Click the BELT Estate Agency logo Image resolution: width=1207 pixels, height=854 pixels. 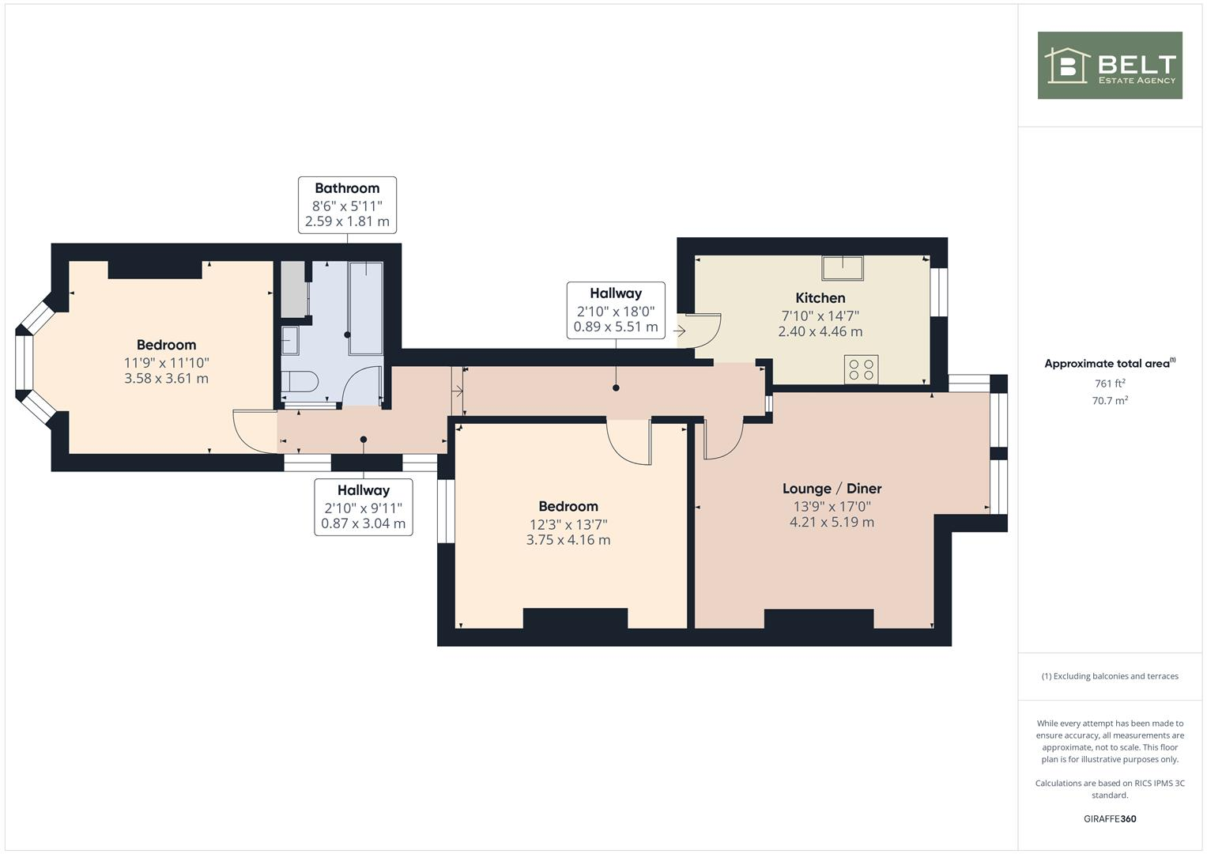point(1110,66)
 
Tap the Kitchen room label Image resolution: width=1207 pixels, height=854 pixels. point(820,298)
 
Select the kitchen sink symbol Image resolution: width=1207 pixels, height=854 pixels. point(842,268)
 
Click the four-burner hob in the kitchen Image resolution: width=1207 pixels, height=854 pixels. point(861,369)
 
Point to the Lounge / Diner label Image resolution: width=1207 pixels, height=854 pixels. point(832,489)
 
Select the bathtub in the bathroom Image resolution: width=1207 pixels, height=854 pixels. point(365,307)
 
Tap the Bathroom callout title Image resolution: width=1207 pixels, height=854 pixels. point(347,188)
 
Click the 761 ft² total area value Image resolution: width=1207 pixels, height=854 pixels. point(1110,384)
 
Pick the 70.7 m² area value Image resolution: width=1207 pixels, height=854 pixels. point(1110,401)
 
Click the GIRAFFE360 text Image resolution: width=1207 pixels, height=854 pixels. point(1110,818)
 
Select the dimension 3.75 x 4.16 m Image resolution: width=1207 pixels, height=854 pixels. point(568,540)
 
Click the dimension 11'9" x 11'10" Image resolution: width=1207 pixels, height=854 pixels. point(166,362)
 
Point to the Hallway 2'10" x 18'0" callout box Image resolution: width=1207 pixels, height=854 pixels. point(616,310)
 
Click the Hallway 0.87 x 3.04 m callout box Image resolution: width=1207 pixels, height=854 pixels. point(364,507)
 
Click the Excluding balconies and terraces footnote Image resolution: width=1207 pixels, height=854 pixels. point(1110,676)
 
